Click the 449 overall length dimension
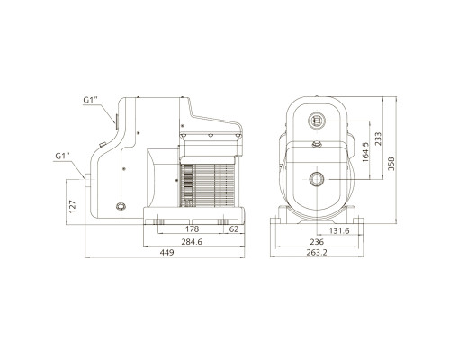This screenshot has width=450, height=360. (x=166, y=253)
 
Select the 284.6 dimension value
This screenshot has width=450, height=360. (x=192, y=242)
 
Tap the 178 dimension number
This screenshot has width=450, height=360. (x=192, y=229)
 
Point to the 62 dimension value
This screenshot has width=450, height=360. (x=234, y=229)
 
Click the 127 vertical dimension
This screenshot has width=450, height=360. (x=73, y=206)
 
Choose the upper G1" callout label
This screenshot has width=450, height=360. (x=91, y=100)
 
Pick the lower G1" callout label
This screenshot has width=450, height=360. (x=63, y=156)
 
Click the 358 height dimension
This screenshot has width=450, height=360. (x=391, y=164)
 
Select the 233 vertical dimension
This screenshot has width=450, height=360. (x=378, y=139)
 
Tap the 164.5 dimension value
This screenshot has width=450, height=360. (x=365, y=152)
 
